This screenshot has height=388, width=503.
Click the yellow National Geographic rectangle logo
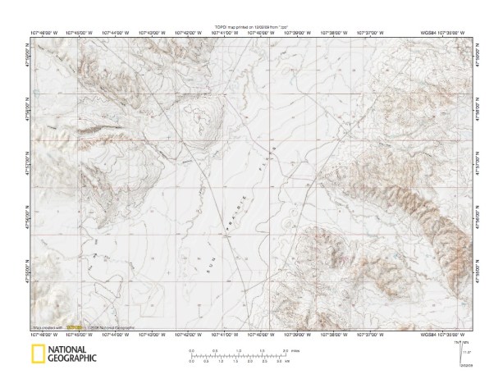[37, 354]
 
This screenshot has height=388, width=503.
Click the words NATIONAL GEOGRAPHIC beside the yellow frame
[72, 354]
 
